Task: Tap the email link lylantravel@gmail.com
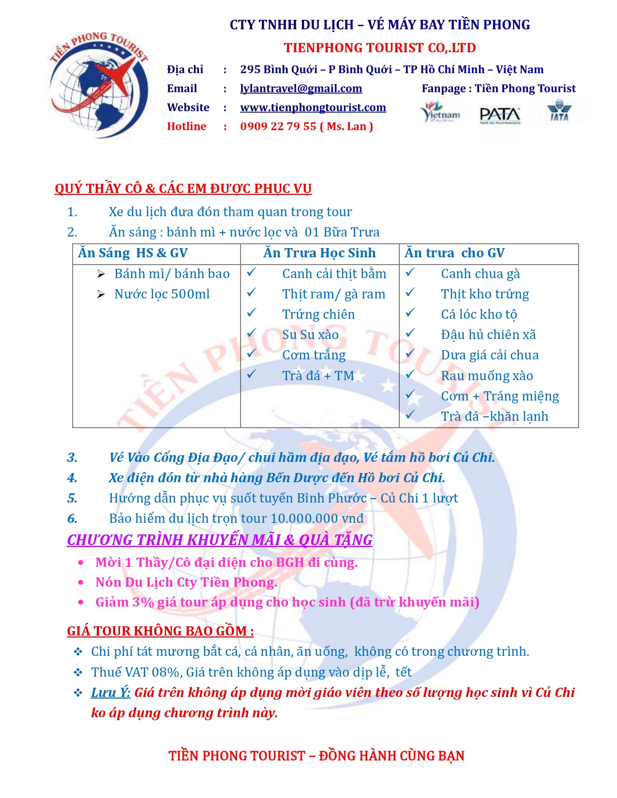point(301,89)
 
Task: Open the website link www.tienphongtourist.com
point(313,107)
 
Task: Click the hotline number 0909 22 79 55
point(278,126)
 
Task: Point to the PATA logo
point(500,116)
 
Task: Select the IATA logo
point(559,111)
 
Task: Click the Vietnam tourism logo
point(440,112)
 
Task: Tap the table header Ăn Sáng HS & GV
point(133,253)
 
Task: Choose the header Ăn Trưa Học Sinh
point(319,253)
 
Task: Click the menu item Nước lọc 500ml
point(162,294)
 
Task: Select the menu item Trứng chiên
point(318,314)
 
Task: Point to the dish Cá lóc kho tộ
point(479,314)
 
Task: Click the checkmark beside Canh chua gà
point(410,272)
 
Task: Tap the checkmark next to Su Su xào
point(251,333)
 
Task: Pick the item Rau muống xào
point(487,376)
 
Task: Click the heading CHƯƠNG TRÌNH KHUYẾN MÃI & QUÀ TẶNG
point(220,540)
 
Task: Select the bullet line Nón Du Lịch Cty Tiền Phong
point(186,582)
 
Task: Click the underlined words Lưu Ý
point(111,693)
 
